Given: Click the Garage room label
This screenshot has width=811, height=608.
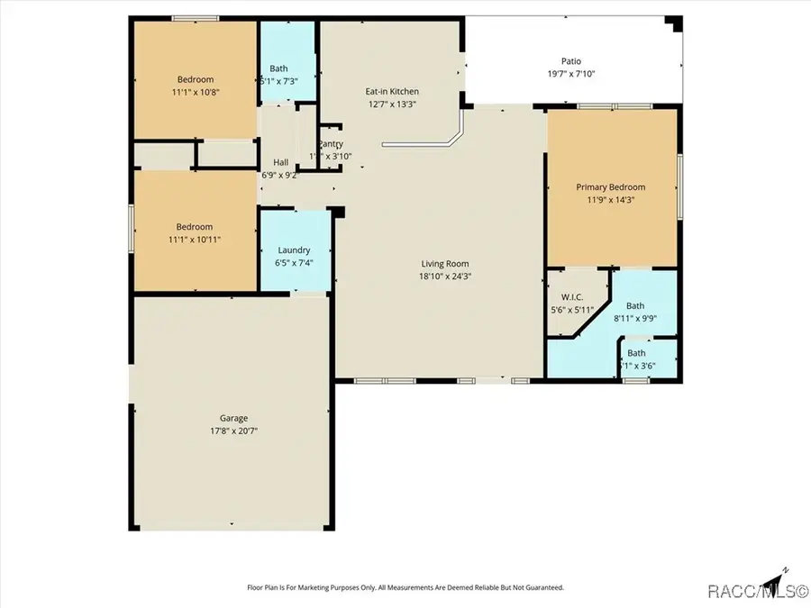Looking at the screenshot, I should click(233, 418).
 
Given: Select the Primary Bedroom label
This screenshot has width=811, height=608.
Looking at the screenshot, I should click(611, 187).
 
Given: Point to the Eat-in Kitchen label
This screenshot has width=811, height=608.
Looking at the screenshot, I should click(391, 91).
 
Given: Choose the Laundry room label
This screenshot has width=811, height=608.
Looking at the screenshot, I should click(294, 250).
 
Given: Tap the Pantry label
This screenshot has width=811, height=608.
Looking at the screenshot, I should click(330, 144).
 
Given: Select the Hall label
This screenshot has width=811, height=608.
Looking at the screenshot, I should click(280, 163).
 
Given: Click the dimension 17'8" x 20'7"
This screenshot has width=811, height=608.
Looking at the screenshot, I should click(233, 431).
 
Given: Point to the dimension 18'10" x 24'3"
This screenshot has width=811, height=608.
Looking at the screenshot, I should click(445, 277).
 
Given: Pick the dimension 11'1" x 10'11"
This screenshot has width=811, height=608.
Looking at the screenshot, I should click(195, 240).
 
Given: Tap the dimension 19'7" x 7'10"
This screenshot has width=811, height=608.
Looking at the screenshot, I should click(572, 74).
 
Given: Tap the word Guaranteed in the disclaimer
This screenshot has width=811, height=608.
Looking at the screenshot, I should click(543, 587).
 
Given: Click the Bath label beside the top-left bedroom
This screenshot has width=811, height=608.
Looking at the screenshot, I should click(278, 68).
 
